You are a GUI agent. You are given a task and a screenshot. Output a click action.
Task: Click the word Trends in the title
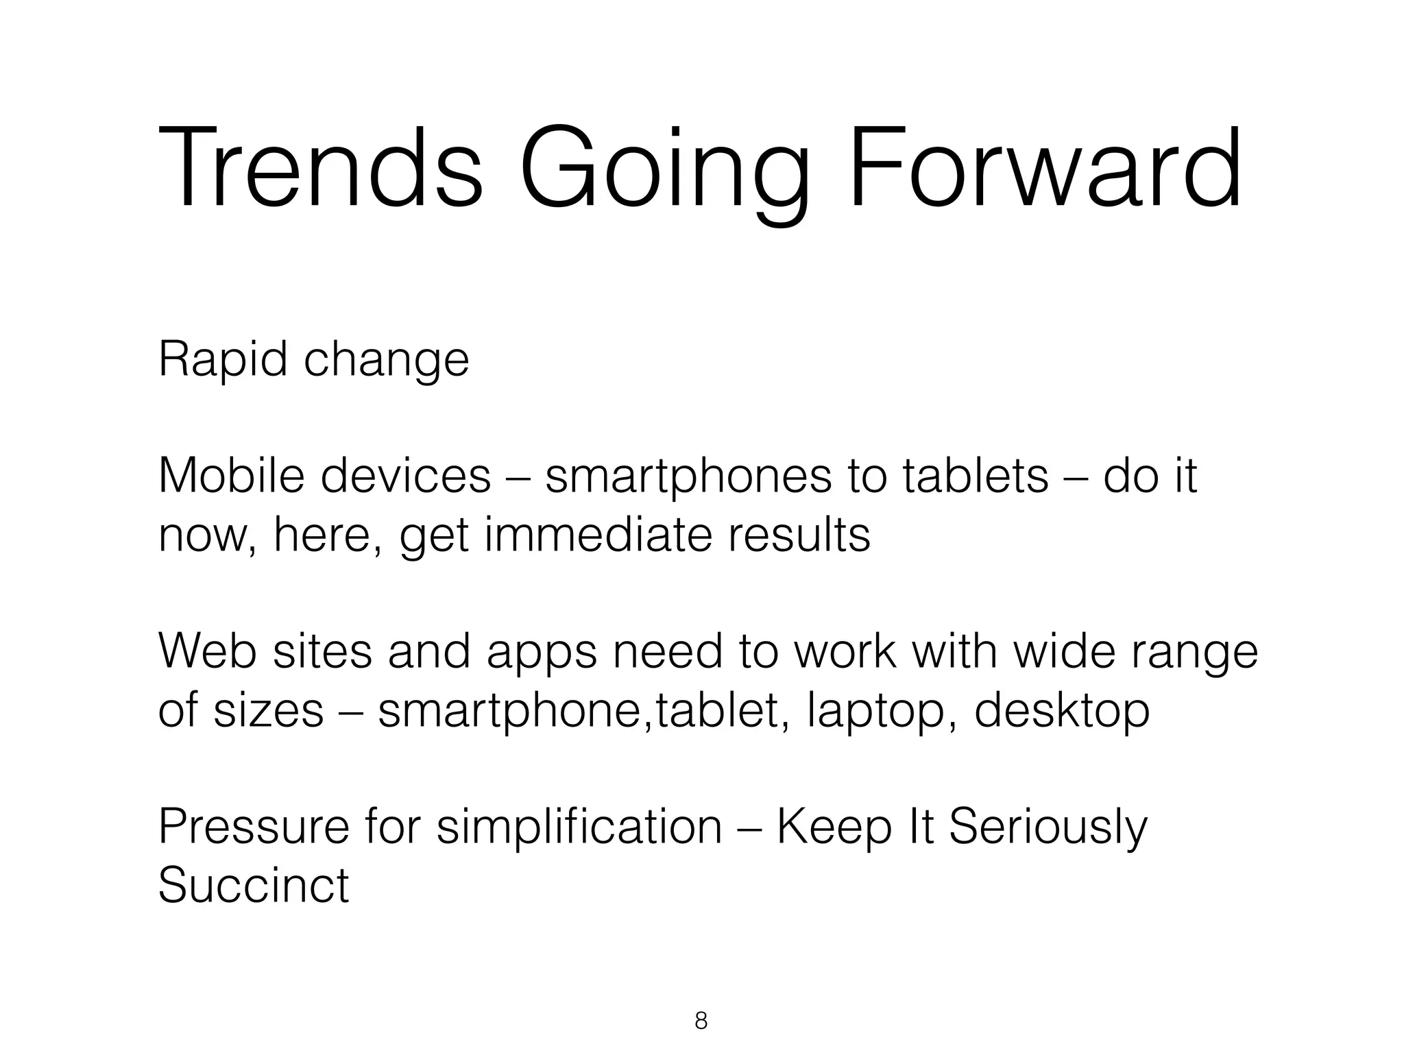(321, 169)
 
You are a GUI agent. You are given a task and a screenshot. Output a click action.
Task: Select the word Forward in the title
(1045, 169)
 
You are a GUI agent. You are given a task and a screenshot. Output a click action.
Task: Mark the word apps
(542, 653)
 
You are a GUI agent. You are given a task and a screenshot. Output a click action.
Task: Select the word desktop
(1062, 712)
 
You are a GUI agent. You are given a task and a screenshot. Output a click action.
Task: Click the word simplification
(579, 827)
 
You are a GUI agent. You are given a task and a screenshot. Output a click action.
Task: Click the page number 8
(701, 1021)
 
